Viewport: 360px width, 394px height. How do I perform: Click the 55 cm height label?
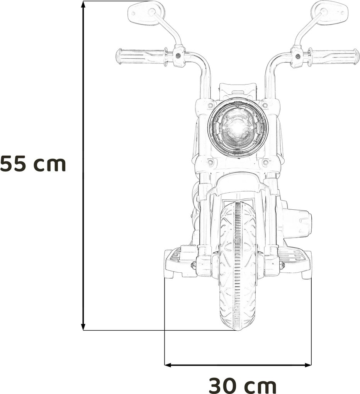[33, 164]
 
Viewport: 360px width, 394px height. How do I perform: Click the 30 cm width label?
[243, 386]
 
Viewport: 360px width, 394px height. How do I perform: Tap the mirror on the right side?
[329, 12]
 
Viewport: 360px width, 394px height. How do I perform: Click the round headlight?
[238, 127]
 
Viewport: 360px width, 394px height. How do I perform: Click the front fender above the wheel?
[238, 183]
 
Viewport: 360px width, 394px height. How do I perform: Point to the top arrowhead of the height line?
[83, 5]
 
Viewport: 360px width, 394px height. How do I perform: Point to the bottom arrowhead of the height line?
[83, 327]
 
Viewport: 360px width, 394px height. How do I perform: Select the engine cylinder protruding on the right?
[297, 222]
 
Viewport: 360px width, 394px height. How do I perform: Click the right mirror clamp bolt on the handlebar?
[297, 56]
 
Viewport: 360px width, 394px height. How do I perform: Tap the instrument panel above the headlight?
[238, 91]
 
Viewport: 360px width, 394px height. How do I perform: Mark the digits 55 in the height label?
[14, 164]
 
